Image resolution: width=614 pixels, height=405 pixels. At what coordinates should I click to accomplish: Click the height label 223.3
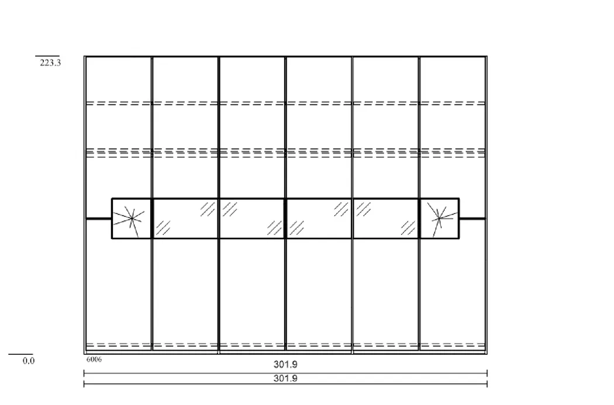pos(50,63)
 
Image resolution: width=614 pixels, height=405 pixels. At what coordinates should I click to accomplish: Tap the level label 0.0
pos(29,361)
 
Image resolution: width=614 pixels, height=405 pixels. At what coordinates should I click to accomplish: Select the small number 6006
pos(94,359)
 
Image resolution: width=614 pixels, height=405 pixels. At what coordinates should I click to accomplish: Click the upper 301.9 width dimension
pos(285,364)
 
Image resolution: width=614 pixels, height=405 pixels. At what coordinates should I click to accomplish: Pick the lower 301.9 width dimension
pos(285,378)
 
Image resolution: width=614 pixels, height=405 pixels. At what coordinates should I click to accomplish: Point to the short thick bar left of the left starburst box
pos(99,219)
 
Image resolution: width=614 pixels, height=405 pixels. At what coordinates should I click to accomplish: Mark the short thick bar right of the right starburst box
pos(472,219)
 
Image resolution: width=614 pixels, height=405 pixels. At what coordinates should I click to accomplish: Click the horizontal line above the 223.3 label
pos(47,56)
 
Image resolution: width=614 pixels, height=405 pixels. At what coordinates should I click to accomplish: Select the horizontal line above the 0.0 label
pos(20,355)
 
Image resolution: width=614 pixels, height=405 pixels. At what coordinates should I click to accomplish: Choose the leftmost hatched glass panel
pos(185,219)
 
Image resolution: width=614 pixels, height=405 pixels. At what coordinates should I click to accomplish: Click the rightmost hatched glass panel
pos(386,219)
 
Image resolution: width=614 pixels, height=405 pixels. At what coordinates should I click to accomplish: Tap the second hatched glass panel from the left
pos(252,219)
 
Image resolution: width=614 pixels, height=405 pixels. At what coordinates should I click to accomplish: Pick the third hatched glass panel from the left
pos(319,219)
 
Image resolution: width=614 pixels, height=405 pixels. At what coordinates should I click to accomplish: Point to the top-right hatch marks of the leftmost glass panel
pos(208,209)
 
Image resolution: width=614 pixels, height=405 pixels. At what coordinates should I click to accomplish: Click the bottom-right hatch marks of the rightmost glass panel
pos(408,228)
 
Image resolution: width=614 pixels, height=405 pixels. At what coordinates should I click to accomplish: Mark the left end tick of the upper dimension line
pos(84,373)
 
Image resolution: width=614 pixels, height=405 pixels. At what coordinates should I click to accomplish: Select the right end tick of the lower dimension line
pos(487,384)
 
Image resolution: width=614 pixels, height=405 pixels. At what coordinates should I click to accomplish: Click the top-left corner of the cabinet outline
pos(85,57)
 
